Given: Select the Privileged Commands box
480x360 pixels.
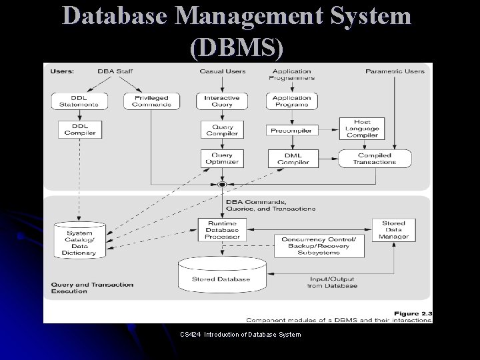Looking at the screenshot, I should click(x=151, y=101).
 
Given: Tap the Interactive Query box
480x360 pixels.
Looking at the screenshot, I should click(x=222, y=101).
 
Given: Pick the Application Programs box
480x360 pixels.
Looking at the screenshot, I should click(x=291, y=101).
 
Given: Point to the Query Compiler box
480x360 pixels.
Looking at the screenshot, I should click(x=222, y=129).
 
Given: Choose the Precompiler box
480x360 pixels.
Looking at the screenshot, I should click(x=291, y=131).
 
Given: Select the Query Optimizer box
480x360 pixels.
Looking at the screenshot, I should click(x=222, y=158).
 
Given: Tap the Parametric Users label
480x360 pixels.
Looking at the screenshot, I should click(x=395, y=71).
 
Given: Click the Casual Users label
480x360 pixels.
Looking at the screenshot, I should click(x=222, y=71).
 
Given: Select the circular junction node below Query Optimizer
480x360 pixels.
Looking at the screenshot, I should click(x=223, y=183).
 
